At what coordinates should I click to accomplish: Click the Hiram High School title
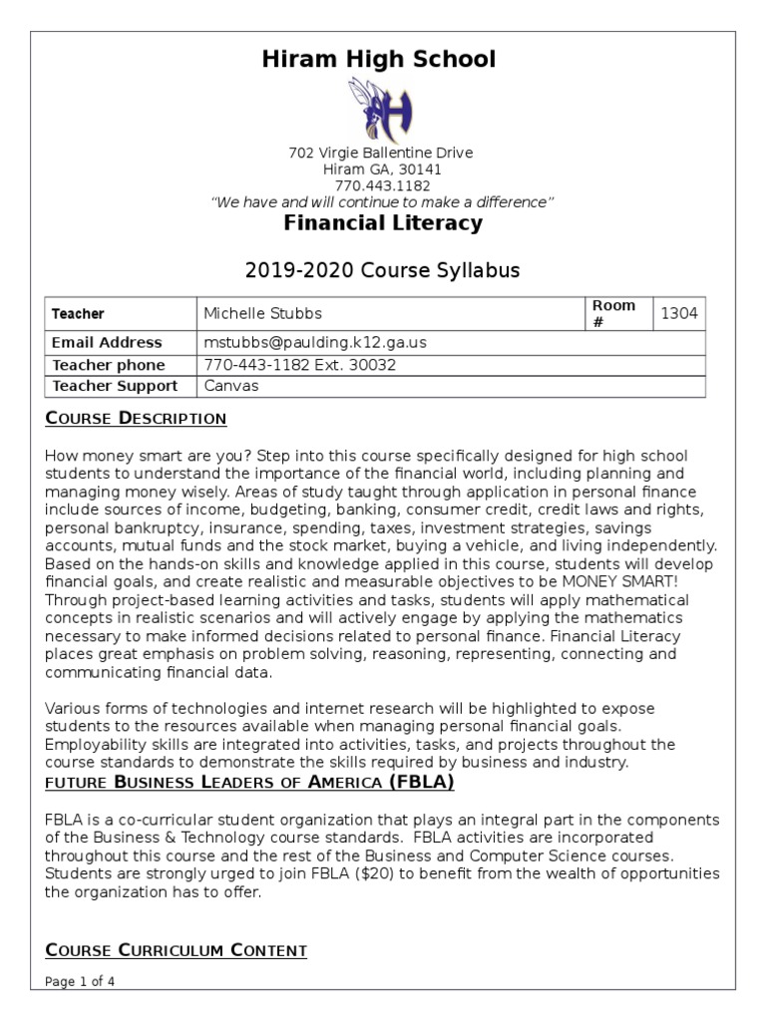click(x=378, y=59)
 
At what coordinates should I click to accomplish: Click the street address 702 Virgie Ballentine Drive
click(x=380, y=153)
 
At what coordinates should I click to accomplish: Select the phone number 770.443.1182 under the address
click(x=382, y=185)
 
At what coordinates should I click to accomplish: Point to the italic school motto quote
click(x=382, y=202)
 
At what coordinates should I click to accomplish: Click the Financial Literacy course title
click(x=383, y=223)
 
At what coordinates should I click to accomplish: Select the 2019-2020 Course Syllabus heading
click(x=382, y=270)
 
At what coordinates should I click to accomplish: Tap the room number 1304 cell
click(x=679, y=313)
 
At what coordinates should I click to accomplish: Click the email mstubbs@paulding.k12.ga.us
click(x=314, y=342)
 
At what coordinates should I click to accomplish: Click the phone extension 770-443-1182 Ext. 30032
click(x=299, y=364)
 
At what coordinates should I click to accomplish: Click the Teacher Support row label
click(x=114, y=386)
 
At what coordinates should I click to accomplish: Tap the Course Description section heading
click(x=136, y=417)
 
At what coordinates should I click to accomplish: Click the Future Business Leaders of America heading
click(x=249, y=783)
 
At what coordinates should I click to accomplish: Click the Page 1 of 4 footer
click(x=81, y=981)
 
